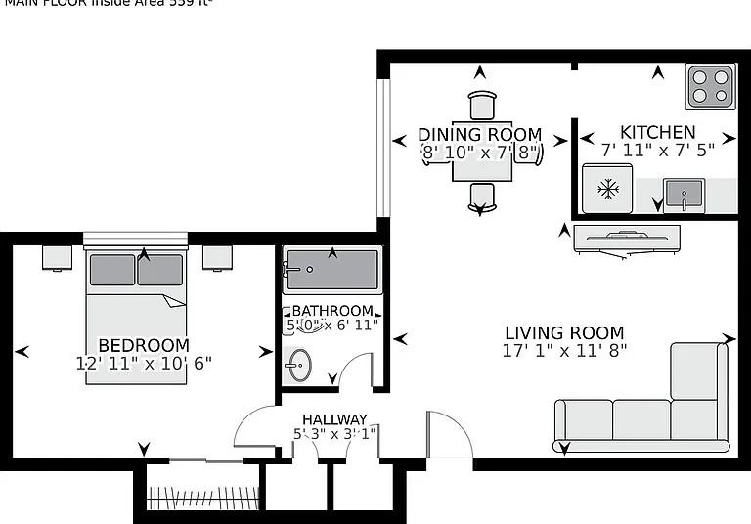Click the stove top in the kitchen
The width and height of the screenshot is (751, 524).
710,86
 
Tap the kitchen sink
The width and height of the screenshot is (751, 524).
683,194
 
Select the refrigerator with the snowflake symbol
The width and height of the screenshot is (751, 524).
608,188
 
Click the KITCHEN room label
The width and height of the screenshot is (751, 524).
658,132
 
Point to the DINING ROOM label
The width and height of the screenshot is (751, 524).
479,134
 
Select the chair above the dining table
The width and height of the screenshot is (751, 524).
482,105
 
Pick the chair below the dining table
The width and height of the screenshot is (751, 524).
481,196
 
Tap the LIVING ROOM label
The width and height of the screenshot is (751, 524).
564,332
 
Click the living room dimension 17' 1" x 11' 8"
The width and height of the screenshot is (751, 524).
564,349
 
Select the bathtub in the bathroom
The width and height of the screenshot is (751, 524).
331,271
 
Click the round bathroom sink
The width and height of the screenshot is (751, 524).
299,367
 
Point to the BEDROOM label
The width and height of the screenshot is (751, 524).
144,345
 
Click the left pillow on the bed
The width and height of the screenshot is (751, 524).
111,270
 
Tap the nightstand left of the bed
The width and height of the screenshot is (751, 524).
57,257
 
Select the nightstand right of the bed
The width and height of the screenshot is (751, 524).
217,257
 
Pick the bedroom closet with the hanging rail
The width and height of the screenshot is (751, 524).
202,488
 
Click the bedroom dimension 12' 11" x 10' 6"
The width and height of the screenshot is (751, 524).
144,363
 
